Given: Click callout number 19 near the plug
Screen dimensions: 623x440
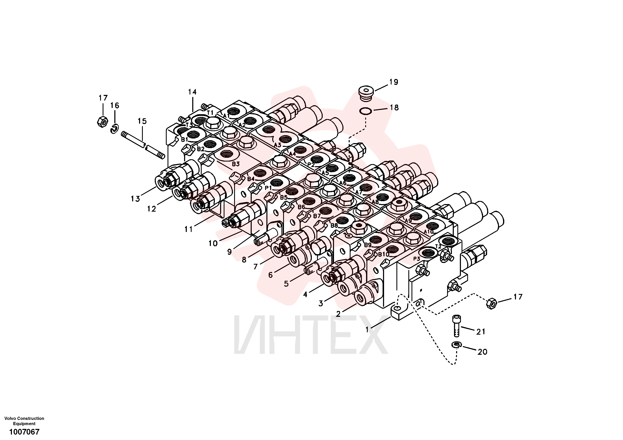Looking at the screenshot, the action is click(x=393, y=82).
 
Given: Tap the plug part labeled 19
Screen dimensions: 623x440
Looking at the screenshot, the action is click(x=366, y=94).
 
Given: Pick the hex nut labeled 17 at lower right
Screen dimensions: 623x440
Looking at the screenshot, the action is click(x=492, y=303).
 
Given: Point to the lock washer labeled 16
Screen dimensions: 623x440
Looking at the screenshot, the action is click(x=115, y=129).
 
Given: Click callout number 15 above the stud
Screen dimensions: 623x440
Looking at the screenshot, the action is click(x=142, y=121).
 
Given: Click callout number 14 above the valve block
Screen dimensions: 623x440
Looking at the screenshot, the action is click(x=192, y=92).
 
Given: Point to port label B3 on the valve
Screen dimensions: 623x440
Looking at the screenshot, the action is click(x=236, y=164).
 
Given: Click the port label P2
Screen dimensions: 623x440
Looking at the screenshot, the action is click(x=311, y=164).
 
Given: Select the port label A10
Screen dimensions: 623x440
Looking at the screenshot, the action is click(x=429, y=232).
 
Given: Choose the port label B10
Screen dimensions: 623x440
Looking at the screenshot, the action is click(x=384, y=254).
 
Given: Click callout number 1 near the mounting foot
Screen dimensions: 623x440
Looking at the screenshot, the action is click(x=367, y=330).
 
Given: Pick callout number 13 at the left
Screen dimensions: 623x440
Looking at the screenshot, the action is click(x=135, y=199).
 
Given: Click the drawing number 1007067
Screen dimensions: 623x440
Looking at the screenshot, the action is click(x=25, y=432).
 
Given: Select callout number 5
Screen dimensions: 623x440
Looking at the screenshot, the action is click(x=286, y=284).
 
